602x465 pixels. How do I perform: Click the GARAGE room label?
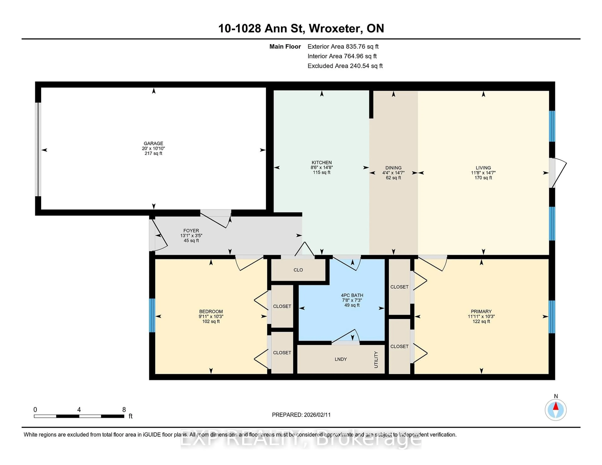[x=153, y=143]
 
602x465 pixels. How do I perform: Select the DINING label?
[x=393, y=168]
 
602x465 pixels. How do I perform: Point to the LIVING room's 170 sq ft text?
[x=483, y=178]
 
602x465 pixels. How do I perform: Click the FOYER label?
[x=191, y=231]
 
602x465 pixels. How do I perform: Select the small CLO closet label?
[x=298, y=270]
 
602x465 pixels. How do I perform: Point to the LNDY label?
[x=341, y=359]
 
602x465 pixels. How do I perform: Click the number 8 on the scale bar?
[x=124, y=410]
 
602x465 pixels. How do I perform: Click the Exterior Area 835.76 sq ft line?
[x=343, y=47]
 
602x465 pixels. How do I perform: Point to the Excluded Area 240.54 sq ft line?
[x=345, y=66]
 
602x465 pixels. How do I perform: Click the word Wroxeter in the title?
[x=334, y=28]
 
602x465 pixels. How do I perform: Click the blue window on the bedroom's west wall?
[x=152, y=315]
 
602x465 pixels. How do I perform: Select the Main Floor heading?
[x=285, y=47]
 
